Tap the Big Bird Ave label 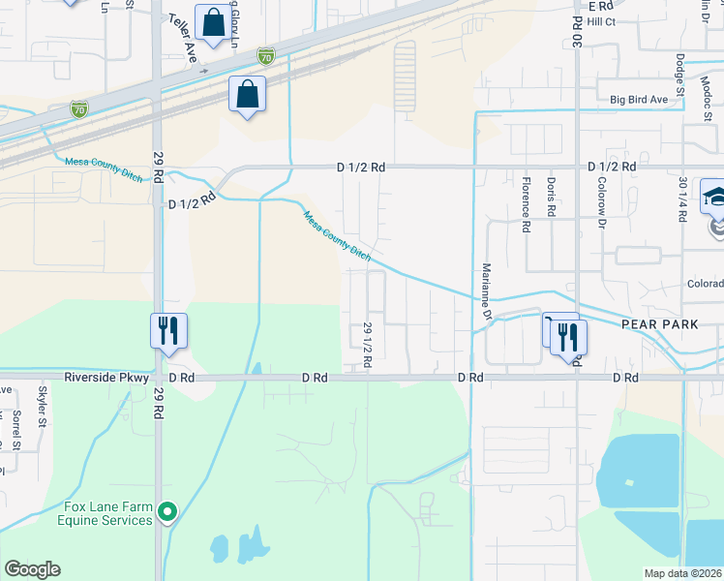pos(639,99)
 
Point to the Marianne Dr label pos(485,290)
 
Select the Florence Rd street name pos(526,198)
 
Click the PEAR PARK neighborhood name pos(655,325)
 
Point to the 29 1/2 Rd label pos(368,344)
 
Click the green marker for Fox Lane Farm pos(168,510)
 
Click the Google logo pos(32,569)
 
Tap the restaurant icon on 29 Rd pos(166,330)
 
